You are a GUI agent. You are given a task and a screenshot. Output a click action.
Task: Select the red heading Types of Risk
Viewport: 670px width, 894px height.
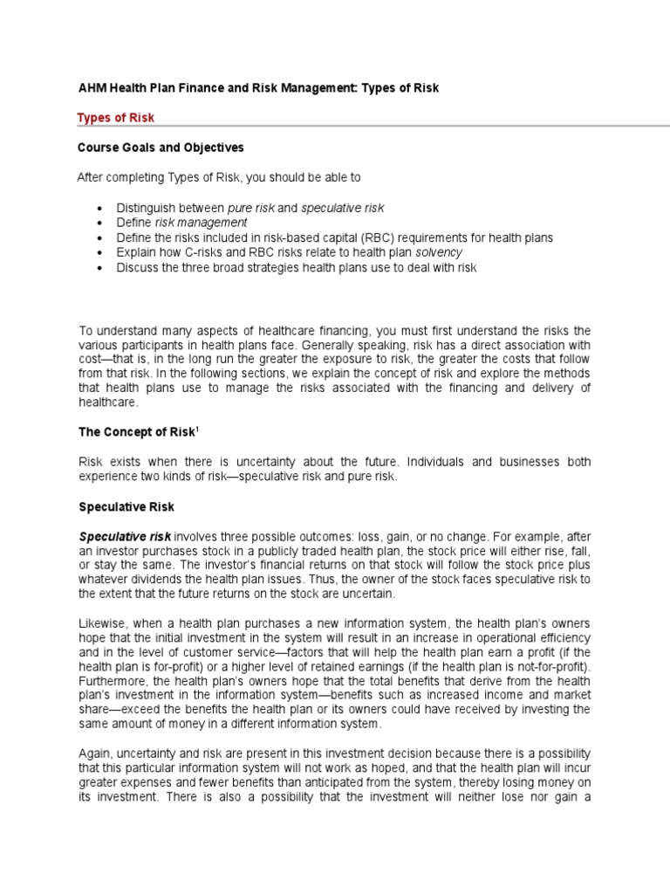point(115,118)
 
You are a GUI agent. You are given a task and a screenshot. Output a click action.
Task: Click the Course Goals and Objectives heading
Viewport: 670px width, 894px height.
point(161,148)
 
